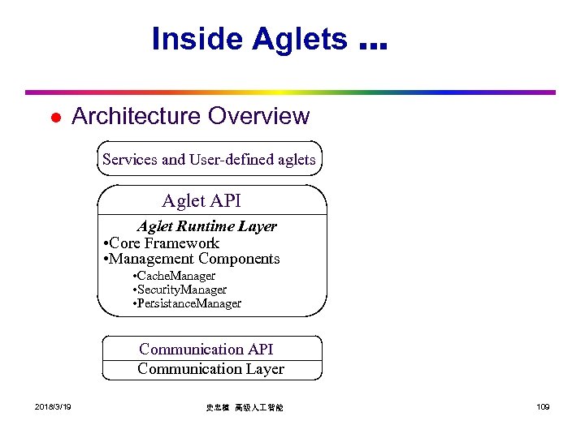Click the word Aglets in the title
point(300,39)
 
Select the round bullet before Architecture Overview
point(54,118)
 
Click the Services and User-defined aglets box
point(210,159)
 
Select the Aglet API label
point(201,200)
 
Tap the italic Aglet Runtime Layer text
point(206,226)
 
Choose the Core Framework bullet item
point(162,243)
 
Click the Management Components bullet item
point(193,260)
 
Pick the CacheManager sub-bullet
point(174,277)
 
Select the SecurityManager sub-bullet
point(180,290)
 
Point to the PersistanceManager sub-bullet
point(187,303)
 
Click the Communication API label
point(206,350)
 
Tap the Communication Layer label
point(211,369)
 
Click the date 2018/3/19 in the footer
point(53,406)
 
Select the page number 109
point(543,406)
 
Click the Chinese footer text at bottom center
point(245,407)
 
